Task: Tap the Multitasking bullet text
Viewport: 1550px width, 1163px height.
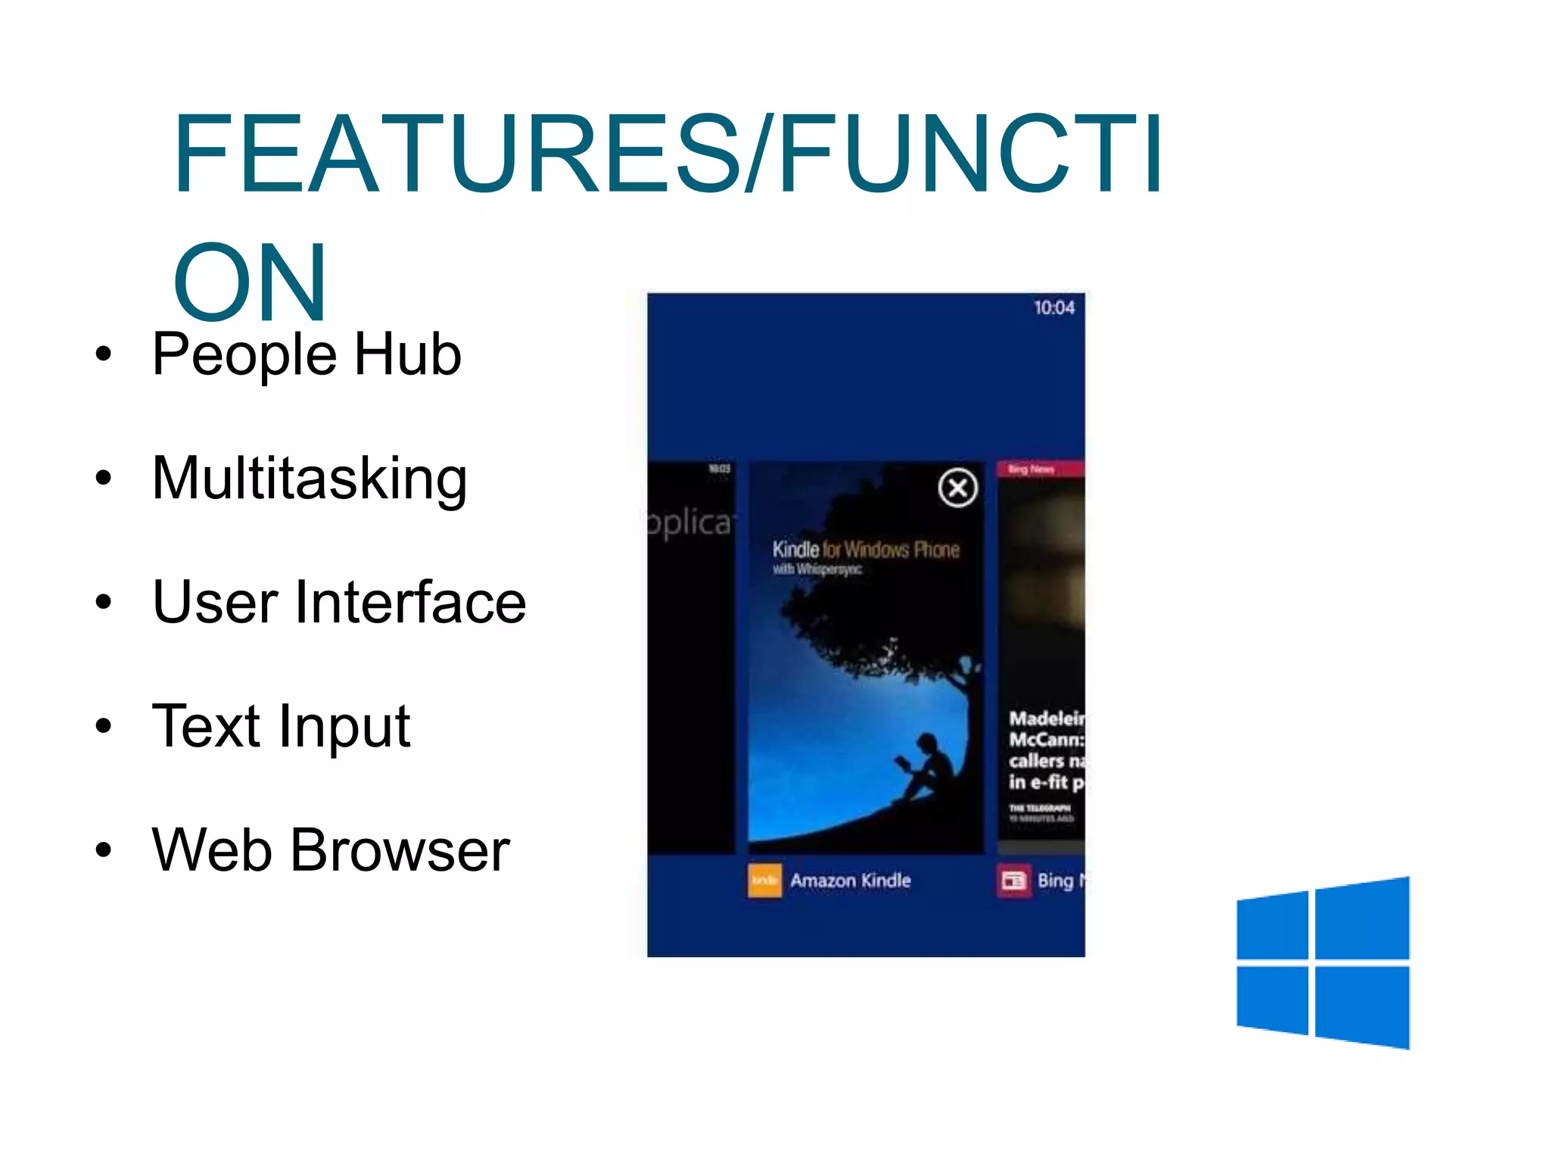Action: tap(309, 479)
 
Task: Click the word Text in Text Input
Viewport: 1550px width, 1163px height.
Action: tap(206, 726)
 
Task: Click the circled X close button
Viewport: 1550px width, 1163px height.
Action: tap(957, 488)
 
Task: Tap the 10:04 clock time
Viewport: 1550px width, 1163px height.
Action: tap(1054, 307)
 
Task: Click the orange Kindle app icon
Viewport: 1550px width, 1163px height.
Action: tap(764, 881)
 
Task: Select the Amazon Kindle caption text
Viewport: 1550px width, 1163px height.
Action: tap(851, 881)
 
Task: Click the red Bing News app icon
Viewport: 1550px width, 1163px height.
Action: tap(1013, 881)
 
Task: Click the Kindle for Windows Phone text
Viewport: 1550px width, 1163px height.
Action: tap(865, 550)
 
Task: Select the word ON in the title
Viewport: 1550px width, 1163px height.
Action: tap(250, 282)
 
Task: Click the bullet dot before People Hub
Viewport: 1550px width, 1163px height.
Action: tap(104, 354)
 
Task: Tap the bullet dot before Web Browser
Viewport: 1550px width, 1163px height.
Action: tap(104, 850)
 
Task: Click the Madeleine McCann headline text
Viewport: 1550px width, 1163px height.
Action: tap(1046, 750)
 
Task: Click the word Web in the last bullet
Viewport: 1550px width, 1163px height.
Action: tap(211, 850)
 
